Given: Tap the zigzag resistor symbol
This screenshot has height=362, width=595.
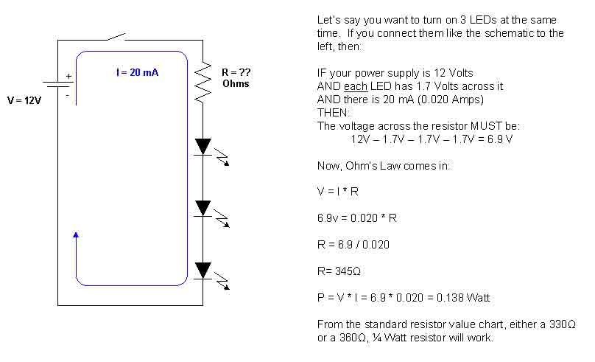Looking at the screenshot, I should click(x=203, y=84).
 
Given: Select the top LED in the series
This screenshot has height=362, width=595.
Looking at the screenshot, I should click(x=203, y=146).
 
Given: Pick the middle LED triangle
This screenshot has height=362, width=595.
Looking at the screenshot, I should click(x=203, y=208).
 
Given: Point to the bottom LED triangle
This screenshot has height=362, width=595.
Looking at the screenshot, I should click(x=203, y=270).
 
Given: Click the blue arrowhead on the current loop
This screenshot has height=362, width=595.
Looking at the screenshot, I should click(x=77, y=235).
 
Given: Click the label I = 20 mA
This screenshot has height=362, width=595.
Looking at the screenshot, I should click(x=138, y=72).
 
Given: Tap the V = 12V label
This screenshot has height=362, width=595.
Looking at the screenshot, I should click(x=24, y=100).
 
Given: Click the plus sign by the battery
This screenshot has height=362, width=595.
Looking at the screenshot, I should click(x=69, y=76).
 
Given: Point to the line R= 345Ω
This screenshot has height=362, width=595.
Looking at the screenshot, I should click(x=339, y=271).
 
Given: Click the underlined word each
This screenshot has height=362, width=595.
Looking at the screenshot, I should click(x=349, y=86).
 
